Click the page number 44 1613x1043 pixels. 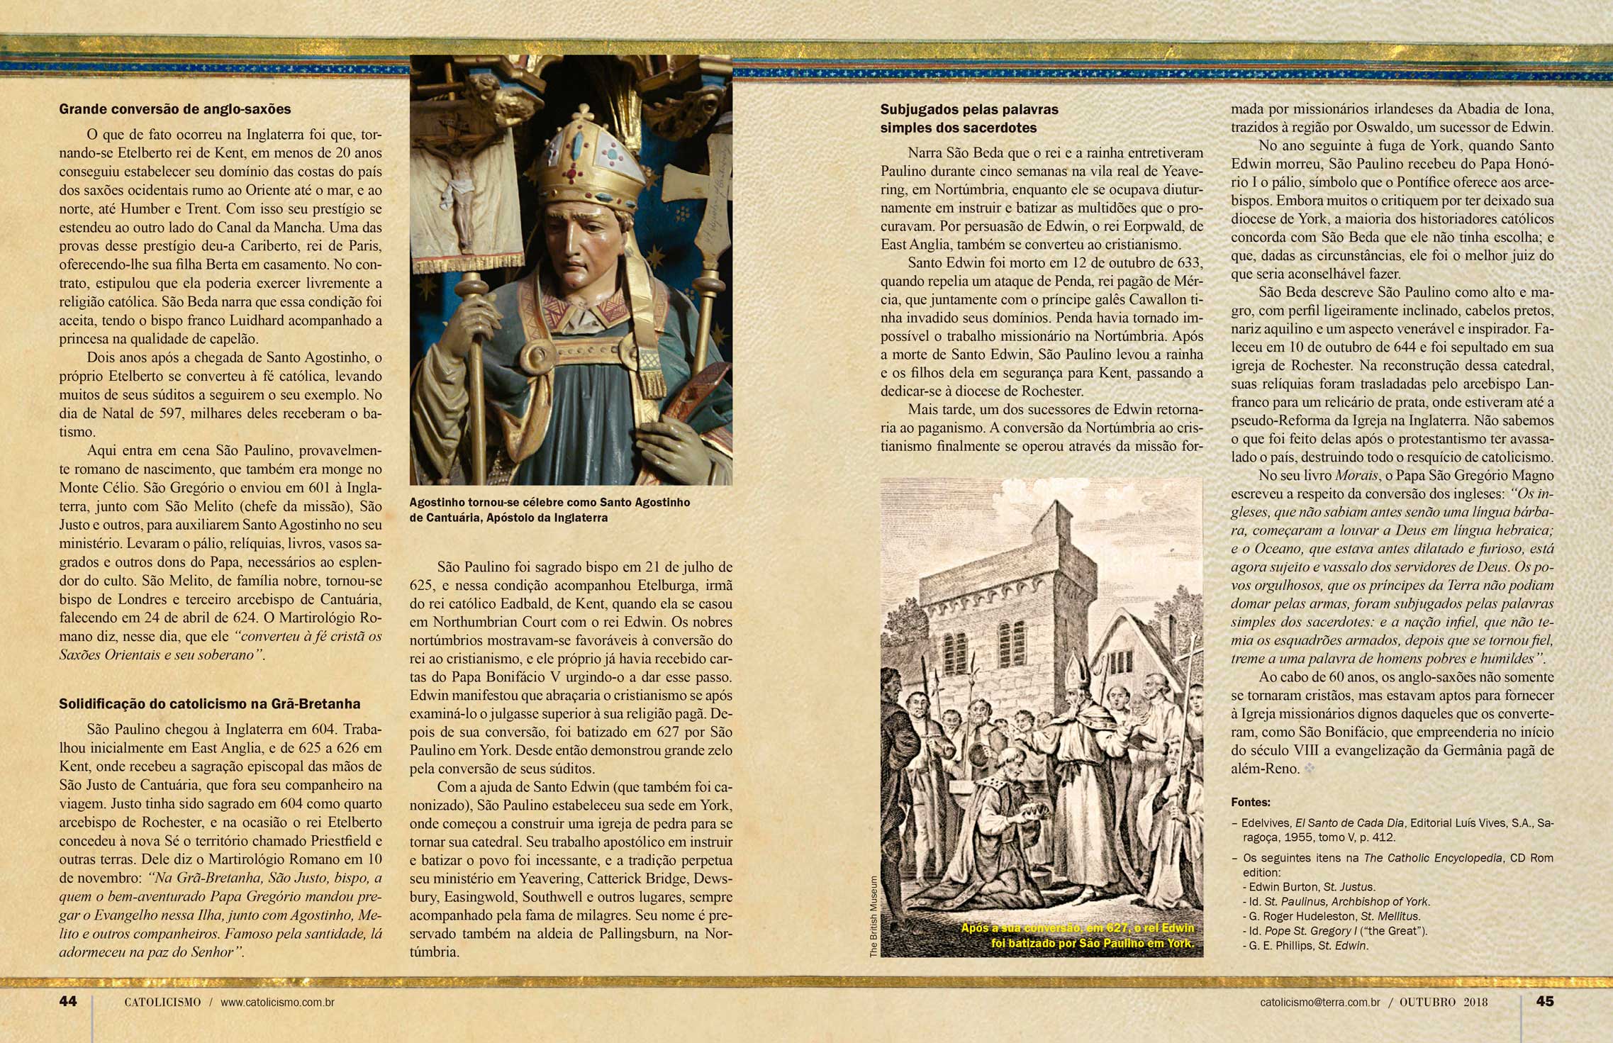(x=68, y=1001)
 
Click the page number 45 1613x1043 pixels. (x=1544, y=1001)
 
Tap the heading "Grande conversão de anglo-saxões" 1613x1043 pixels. (x=175, y=109)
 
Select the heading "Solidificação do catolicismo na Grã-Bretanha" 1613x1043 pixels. (x=209, y=704)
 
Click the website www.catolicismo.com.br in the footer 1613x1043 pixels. (x=277, y=1003)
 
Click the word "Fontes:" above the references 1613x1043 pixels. (x=1251, y=803)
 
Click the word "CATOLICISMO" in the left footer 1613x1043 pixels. (x=162, y=1003)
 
